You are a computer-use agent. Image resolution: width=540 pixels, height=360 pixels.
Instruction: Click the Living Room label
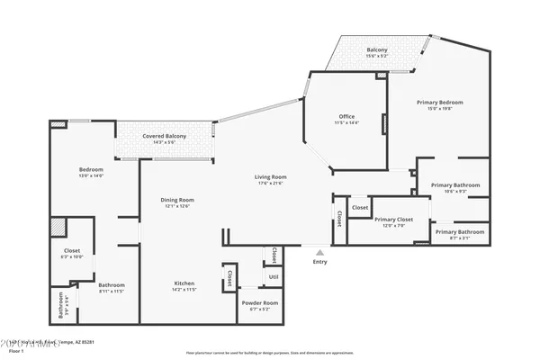pos(271,176)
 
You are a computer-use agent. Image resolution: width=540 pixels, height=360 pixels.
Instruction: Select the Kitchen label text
pos(184,283)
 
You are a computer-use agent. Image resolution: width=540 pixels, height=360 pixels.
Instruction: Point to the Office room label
pos(346,116)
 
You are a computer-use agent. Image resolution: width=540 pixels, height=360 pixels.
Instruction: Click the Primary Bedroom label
pos(438,103)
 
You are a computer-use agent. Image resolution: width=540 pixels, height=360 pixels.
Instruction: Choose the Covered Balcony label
pos(163,135)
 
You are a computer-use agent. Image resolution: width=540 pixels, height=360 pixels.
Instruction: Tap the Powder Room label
pos(259,303)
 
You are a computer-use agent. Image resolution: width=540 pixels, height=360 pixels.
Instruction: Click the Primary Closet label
pos(393,220)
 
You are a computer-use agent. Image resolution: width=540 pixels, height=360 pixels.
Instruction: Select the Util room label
pos(273,277)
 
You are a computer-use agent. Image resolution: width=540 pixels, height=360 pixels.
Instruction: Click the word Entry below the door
pos(319,262)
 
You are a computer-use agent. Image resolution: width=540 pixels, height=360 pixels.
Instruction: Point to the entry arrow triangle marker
pos(319,253)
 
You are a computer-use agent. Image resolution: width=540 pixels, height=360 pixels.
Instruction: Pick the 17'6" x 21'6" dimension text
pos(271,184)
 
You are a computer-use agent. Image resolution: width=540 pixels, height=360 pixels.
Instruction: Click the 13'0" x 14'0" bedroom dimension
pos(91,176)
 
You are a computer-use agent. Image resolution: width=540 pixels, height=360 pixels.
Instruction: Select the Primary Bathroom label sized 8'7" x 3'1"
pos(460,232)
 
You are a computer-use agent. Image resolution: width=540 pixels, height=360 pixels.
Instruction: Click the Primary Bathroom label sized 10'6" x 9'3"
pos(454,185)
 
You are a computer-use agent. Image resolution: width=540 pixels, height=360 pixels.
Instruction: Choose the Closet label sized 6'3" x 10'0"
pos(73,250)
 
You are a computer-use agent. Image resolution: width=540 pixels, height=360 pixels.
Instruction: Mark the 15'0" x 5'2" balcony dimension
pos(377,57)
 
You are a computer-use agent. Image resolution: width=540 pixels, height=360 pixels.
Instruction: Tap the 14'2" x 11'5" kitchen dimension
pos(184,291)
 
